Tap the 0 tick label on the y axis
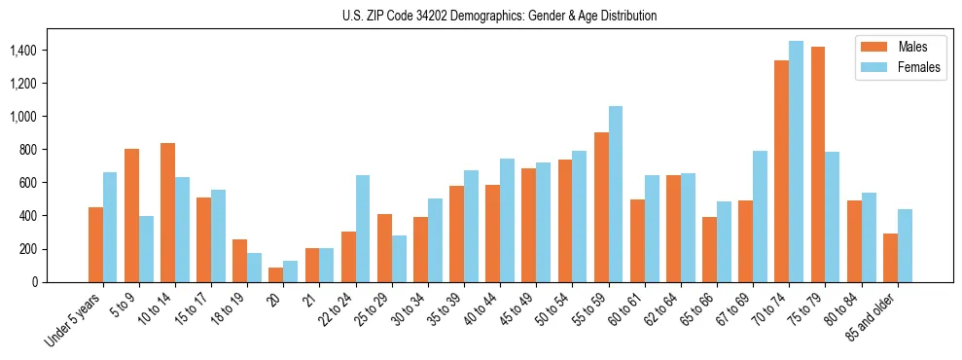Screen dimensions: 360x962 pos(35,282)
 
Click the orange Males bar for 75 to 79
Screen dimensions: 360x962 pos(817,164)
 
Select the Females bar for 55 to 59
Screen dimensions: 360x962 pos(616,194)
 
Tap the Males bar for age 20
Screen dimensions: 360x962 pos(275,274)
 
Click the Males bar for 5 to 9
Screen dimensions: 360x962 pos(131,215)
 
